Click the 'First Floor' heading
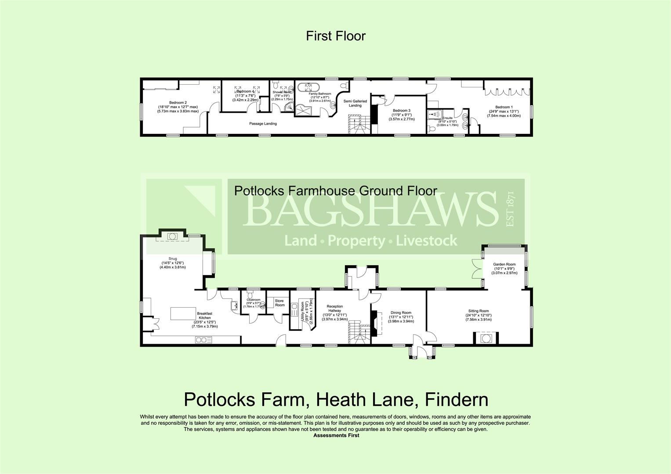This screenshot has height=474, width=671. (x=335, y=36)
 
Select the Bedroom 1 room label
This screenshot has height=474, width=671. (x=504, y=107)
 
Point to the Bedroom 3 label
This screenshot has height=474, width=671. (x=401, y=111)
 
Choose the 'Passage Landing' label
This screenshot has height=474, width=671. (x=263, y=124)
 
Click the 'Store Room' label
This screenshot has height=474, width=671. (x=280, y=303)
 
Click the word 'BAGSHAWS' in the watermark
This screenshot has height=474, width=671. (x=367, y=210)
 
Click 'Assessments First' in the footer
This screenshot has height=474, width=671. (x=336, y=435)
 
